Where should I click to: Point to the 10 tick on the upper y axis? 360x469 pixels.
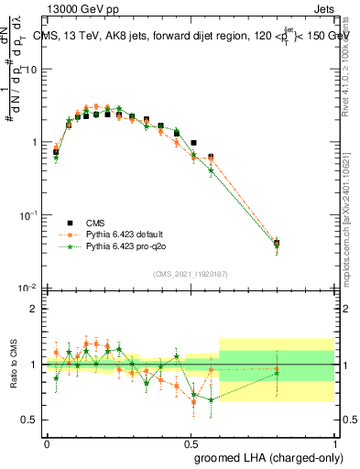(31, 70)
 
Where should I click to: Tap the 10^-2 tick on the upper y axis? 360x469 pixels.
(28, 288)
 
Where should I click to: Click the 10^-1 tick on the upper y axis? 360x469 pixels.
(28, 214)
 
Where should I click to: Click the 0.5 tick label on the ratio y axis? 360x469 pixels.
(30, 420)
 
